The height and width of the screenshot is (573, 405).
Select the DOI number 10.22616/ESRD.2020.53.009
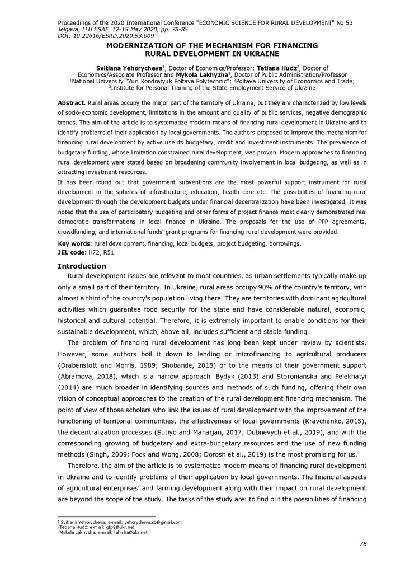[x=107, y=35]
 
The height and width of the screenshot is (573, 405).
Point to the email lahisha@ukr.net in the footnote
[x=125, y=532]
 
